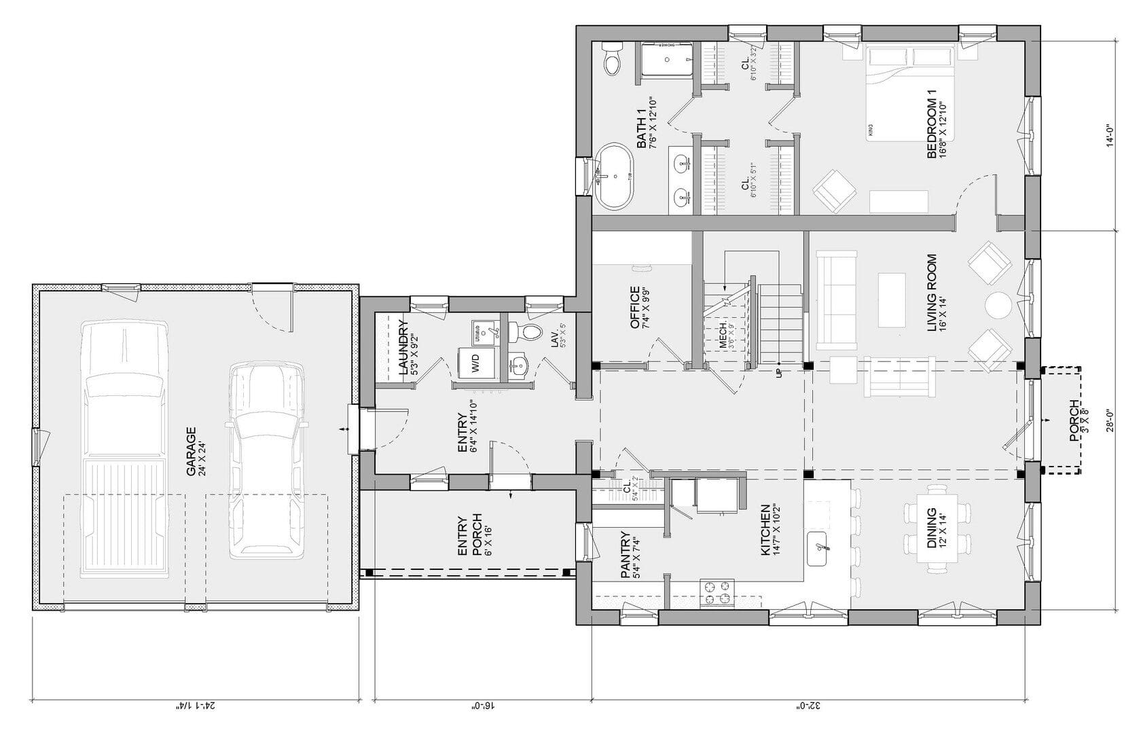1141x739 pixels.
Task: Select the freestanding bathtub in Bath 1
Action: [x=615, y=175]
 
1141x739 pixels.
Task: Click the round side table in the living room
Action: [x=998, y=306]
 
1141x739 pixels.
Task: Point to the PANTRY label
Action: [x=630, y=554]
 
